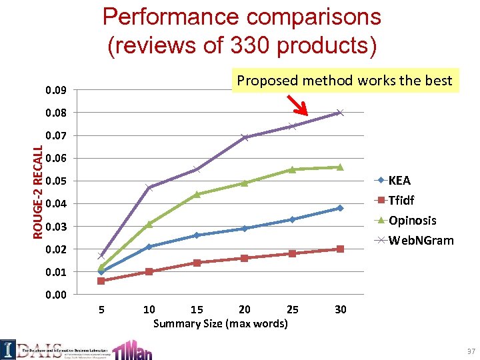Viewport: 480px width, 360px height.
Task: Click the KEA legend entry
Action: (x=399, y=181)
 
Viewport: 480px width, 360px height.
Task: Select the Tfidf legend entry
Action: (x=402, y=200)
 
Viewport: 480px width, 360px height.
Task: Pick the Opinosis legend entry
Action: (x=412, y=220)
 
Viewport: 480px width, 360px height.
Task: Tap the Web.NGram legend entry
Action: (x=420, y=240)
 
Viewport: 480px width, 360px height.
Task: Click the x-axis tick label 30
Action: (x=340, y=309)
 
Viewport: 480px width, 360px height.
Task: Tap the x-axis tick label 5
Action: (x=101, y=309)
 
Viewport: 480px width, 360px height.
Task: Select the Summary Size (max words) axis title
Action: (x=220, y=324)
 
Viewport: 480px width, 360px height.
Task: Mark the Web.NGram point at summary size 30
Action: (x=340, y=113)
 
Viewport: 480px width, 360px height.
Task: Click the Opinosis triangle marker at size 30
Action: (x=340, y=167)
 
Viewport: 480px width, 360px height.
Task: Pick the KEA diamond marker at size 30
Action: (x=340, y=208)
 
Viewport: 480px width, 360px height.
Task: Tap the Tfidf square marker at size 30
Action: (x=340, y=249)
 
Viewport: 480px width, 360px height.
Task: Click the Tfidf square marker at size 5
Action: (x=101, y=281)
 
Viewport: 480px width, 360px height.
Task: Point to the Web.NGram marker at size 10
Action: (x=149, y=187)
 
